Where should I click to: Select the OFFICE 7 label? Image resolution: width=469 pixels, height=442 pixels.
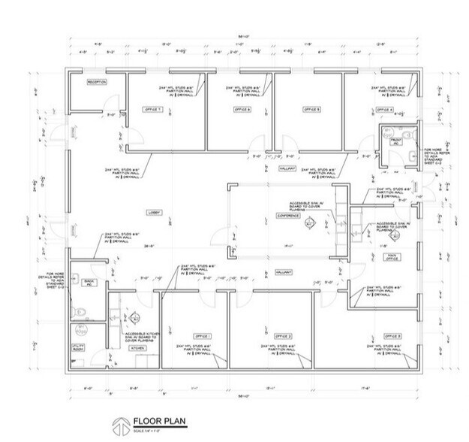[x=153, y=109]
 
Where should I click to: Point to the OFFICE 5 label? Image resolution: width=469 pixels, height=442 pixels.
[x=312, y=109]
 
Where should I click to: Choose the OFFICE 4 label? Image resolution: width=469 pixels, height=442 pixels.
[x=384, y=109]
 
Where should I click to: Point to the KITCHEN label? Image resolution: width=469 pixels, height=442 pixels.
[x=137, y=349]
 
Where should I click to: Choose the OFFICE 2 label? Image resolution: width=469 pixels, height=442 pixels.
[x=283, y=335]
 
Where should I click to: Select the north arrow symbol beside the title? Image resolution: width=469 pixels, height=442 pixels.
[x=119, y=425]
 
